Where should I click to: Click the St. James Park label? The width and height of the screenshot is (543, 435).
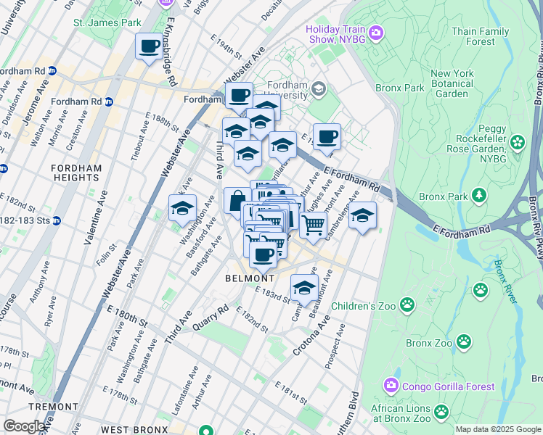(x=107, y=22)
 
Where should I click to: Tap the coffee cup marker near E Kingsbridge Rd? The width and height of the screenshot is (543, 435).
(x=150, y=47)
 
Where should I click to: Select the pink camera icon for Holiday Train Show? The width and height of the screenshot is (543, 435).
(x=375, y=32)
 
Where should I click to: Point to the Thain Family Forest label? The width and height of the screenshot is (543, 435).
(x=480, y=36)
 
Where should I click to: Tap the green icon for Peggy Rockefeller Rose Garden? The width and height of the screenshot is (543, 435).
(x=517, y=141)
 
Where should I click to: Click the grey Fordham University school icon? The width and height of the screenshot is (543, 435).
(x=318, y=89)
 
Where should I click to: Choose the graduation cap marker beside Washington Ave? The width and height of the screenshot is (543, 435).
(x=182, y=209)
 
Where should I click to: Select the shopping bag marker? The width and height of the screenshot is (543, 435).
(x=237, y=201)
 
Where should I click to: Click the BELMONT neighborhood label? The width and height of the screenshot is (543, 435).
(x=250, y=278)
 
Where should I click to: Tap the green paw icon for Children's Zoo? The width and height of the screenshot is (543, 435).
(x=407, y=304)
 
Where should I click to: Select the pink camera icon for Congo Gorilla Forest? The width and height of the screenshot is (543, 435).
(x=391, y=384)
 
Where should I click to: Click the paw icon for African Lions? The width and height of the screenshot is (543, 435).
(x=441, y=413)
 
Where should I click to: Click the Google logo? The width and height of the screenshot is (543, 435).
(x=25, y=426)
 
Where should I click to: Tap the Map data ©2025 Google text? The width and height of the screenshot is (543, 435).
(x=497, y=429)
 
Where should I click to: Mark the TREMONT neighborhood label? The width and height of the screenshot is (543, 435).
(x=54, y=407)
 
